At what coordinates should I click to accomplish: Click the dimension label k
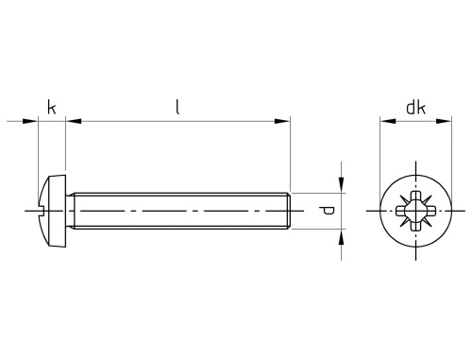click(52, 107)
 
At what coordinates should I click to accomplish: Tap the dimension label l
click(177, 107)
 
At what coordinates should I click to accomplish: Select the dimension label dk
click(416, 107)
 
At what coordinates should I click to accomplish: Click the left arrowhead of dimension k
click(30, 121)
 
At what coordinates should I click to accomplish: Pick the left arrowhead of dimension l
click(74, 121)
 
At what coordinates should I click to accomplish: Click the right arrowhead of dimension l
click(282, 121)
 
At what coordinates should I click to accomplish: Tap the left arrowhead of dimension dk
click(388, 121)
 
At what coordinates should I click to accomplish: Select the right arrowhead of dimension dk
click(444, 121)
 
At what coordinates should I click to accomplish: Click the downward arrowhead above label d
click(341, 185)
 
